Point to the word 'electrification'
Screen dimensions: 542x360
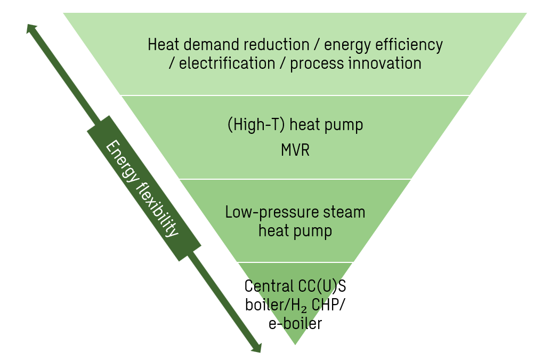[226, 63]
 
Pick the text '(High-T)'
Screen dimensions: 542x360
[256, 124]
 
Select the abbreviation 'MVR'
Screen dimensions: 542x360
[295, 150]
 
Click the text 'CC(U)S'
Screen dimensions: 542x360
[322, 287]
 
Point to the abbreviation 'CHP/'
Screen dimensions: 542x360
[328, 305]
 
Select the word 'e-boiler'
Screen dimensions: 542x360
[295, 324]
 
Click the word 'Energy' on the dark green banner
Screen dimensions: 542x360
[123, 162]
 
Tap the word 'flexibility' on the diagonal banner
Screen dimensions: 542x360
[158, 210]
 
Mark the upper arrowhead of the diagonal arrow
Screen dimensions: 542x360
[31, 28]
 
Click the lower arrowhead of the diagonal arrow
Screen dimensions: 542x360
[257, 348]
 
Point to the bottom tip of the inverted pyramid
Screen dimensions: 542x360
[295, 345]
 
